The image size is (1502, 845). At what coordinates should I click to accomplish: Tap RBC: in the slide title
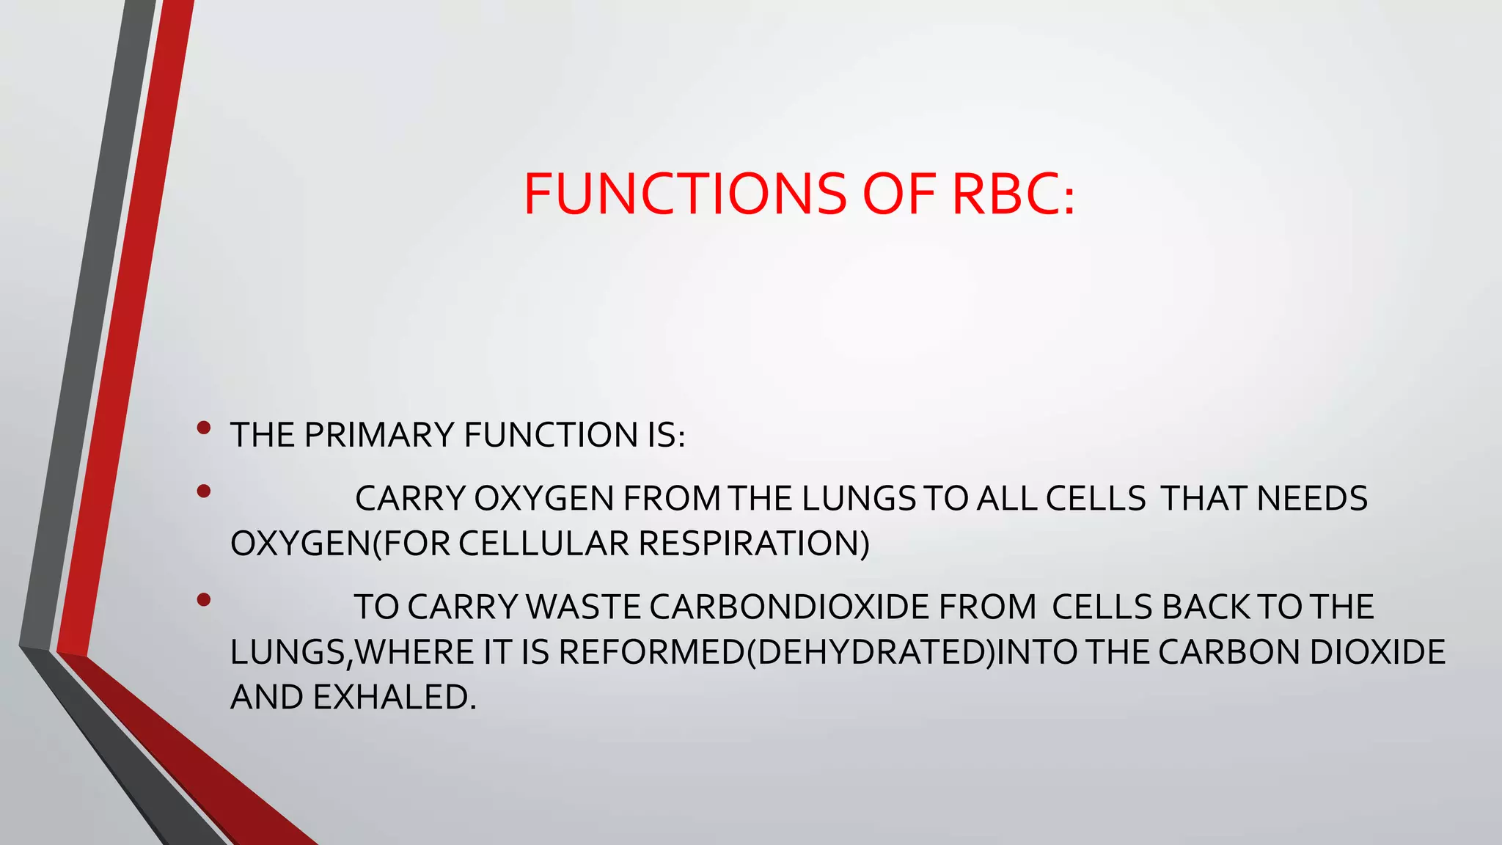tap(1013, 194)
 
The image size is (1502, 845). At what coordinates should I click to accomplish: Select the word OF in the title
tap(898, 194)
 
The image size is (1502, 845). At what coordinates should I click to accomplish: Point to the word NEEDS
tap(1312, 499)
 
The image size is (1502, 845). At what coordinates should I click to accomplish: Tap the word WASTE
tap(584, 607)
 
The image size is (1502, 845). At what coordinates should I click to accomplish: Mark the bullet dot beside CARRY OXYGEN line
tap(204, 491)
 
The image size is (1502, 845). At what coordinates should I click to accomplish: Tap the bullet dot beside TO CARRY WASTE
tap(204, 601)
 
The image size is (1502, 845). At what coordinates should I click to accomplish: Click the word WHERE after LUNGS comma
tap(415, 653)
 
